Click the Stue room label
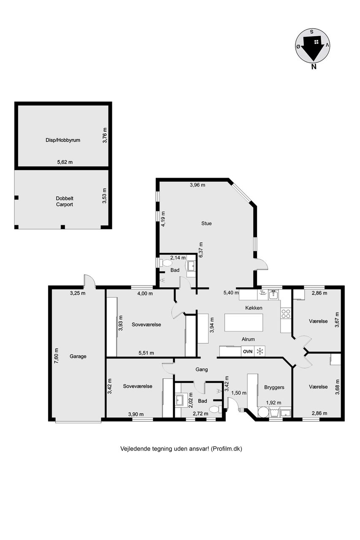pos(206,224)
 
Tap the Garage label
pos(78,356)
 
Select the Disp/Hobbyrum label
pos(63,140)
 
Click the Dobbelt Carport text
pos(65,201)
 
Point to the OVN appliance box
pos(248,351)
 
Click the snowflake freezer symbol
pos(260,351)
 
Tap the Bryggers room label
pos(274,387)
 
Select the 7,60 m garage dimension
pos(57,356)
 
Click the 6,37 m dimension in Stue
pos(200,250)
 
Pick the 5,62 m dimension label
pos(65,162)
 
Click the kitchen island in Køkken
pos(244,323)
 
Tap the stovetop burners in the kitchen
pos(286,313)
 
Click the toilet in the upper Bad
pos(167,263)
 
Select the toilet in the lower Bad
pos(214,409)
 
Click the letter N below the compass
pos(314,67)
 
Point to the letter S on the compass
pos(312,32)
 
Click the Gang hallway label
pos(202,369)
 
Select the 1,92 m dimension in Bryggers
pos(273,402)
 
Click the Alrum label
pos(248,339)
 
